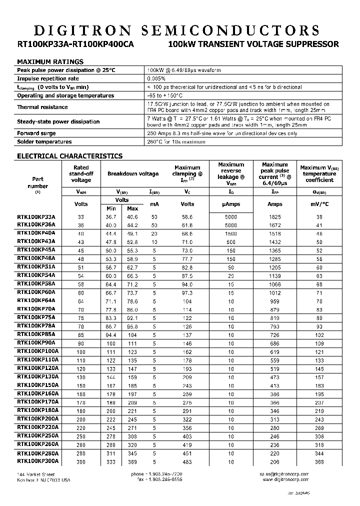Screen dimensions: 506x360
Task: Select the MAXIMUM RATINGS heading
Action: point(50,61)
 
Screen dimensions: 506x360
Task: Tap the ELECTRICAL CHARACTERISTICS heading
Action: point(69,156)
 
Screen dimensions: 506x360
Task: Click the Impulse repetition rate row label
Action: point(48,78)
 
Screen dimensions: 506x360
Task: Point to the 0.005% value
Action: point(157,78)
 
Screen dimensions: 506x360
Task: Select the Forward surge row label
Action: point(36,133)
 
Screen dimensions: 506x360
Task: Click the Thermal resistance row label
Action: point(42,107)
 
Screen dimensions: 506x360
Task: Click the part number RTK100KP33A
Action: point(36,217)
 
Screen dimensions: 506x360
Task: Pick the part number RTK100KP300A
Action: point(38,461)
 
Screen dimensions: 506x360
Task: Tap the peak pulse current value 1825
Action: point(274,217)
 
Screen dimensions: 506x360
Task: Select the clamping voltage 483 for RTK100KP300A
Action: point(187,462)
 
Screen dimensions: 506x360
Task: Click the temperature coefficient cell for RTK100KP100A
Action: point(319,352)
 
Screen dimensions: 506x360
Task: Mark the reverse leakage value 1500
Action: point(231,234)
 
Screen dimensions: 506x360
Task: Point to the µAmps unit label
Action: point(231,204)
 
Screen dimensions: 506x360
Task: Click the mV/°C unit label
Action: point(319,204)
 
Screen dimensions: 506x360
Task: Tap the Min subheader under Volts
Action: point(111,208)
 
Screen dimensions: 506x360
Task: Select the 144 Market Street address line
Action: point(35,474)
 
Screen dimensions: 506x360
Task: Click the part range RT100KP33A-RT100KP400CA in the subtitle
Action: point(75,44)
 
